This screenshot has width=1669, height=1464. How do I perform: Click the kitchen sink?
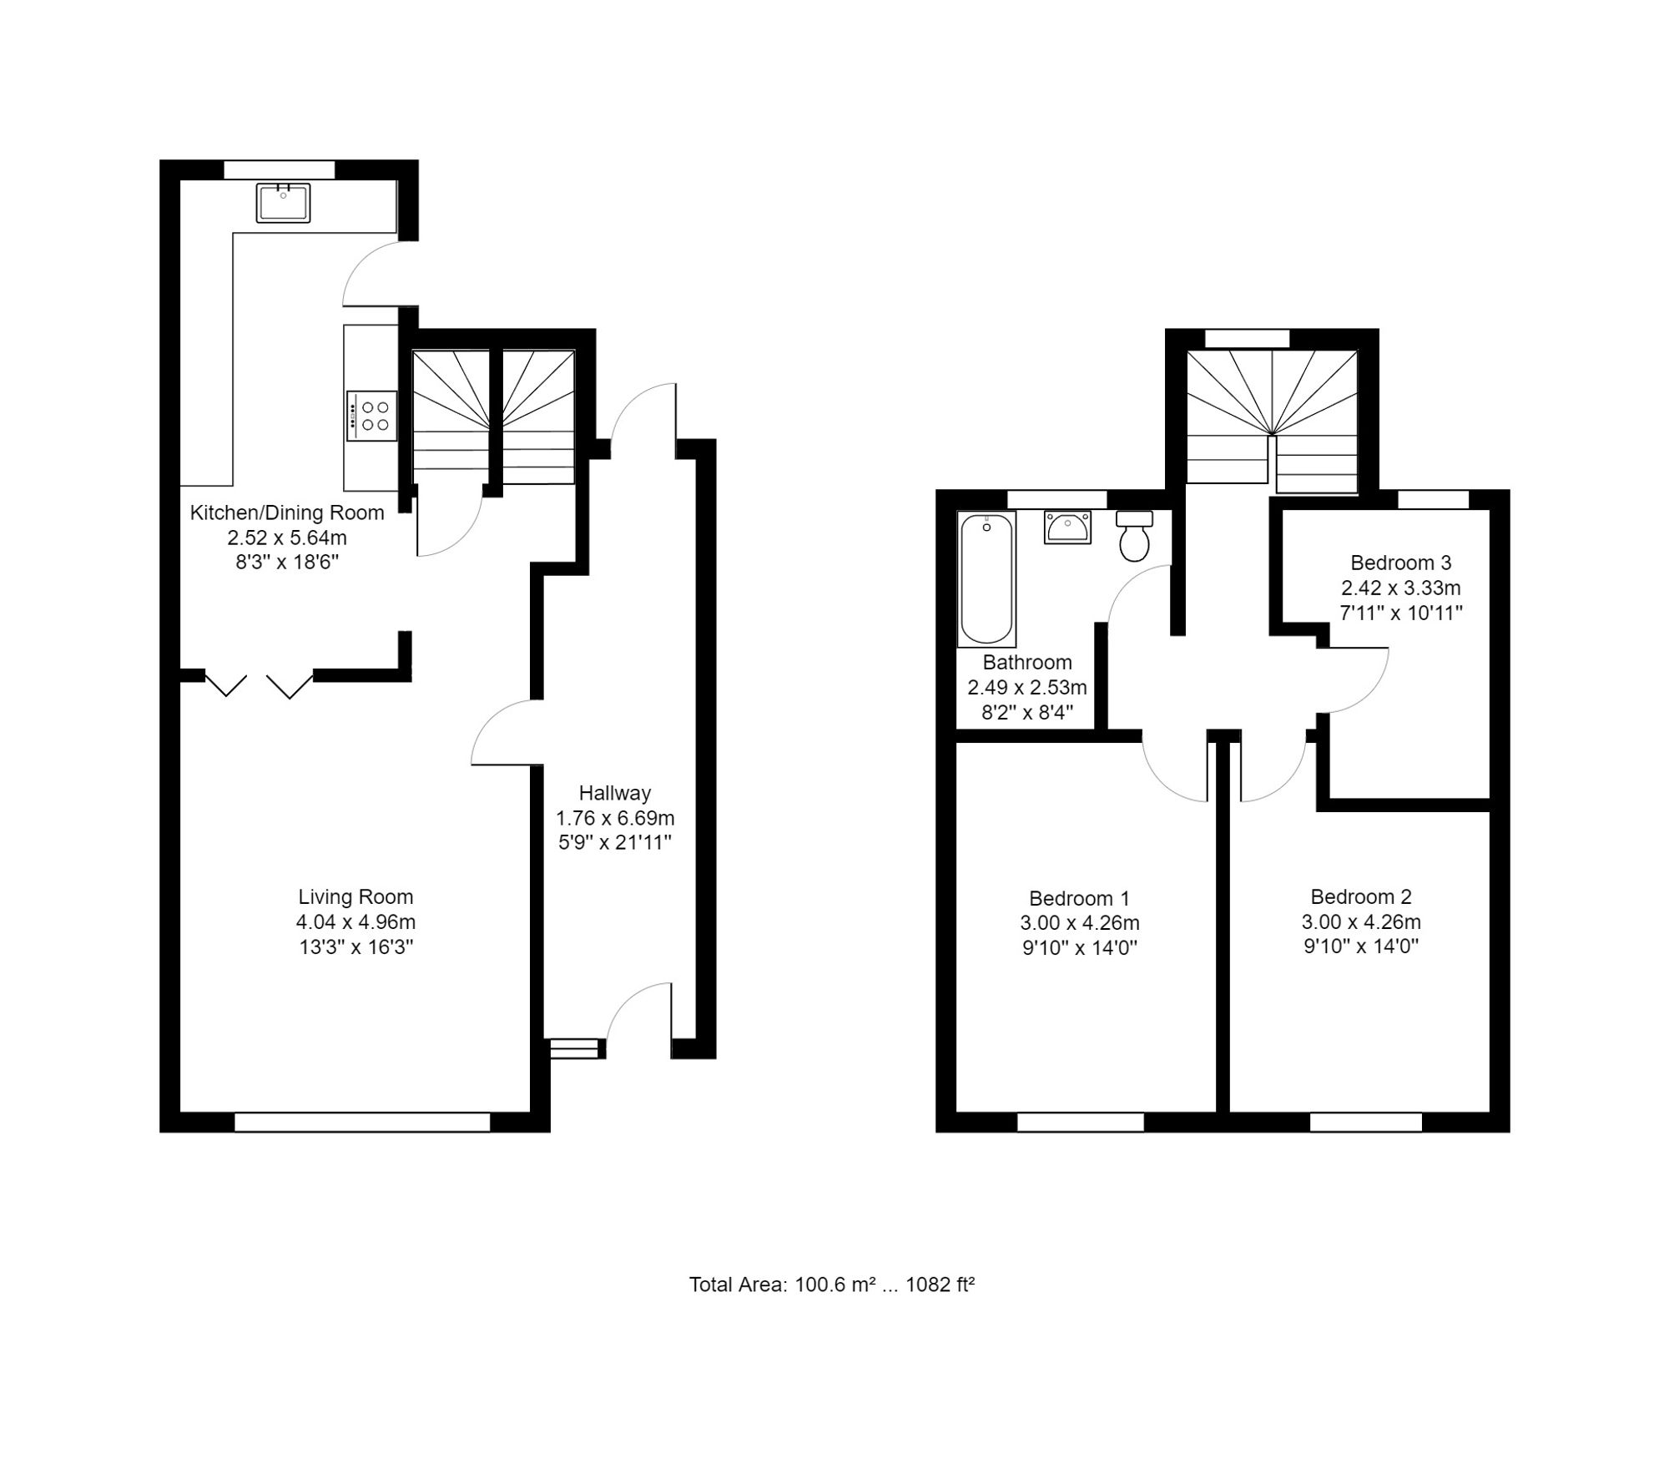tap(283, 203)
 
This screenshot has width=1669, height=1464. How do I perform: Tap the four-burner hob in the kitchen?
tap(372, 416)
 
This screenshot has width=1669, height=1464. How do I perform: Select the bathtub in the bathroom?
tap(986, 579)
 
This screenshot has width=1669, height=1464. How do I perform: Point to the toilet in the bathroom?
tap(1134, 536)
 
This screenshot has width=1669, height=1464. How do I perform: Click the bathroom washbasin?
tap(1066, 528)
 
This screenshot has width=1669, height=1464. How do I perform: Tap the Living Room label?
tap(355, 897)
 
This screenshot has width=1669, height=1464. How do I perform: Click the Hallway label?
tap(615, 793)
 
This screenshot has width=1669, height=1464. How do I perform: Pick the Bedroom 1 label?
tap(1079, 899)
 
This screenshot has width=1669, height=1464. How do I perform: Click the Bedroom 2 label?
tap(1360, 897)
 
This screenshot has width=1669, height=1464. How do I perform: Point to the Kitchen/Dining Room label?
tap(287, 512)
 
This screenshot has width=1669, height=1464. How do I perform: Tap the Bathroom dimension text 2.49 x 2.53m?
tap(1026, 688)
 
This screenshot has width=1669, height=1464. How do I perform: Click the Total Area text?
tap(831, 1285)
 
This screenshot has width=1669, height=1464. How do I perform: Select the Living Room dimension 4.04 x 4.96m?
tap(355, 922)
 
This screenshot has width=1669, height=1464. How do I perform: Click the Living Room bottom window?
tap(362, 1122)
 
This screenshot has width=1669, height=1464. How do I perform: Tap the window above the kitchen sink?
tap(279, 169)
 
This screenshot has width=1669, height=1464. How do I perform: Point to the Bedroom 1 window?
tap(1080, 1122)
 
